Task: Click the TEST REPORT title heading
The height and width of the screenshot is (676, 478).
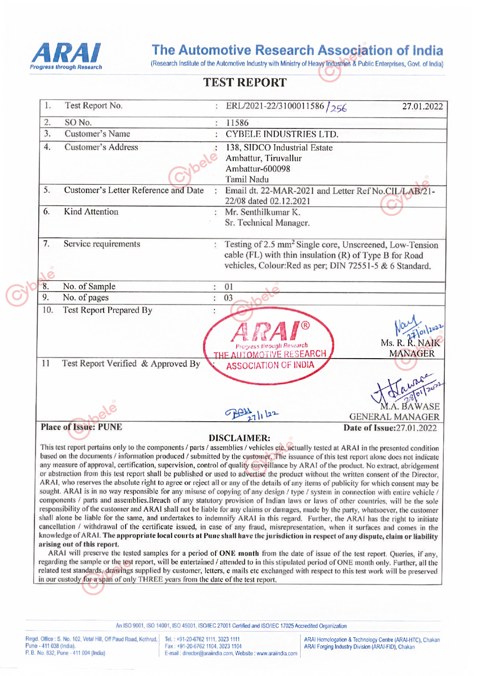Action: (x=244, y=82)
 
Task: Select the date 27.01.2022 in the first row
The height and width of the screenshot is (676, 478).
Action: (x=422, y=106)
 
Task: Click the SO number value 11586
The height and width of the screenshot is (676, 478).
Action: (x=237, y=123)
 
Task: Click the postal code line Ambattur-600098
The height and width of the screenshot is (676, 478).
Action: (x=258, y=169)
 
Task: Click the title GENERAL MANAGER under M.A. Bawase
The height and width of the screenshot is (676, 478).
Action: (x=394, y=417)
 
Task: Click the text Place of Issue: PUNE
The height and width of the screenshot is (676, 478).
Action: (x=81, y=427)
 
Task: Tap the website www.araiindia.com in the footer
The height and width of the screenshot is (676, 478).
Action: (x=277, y=653)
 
